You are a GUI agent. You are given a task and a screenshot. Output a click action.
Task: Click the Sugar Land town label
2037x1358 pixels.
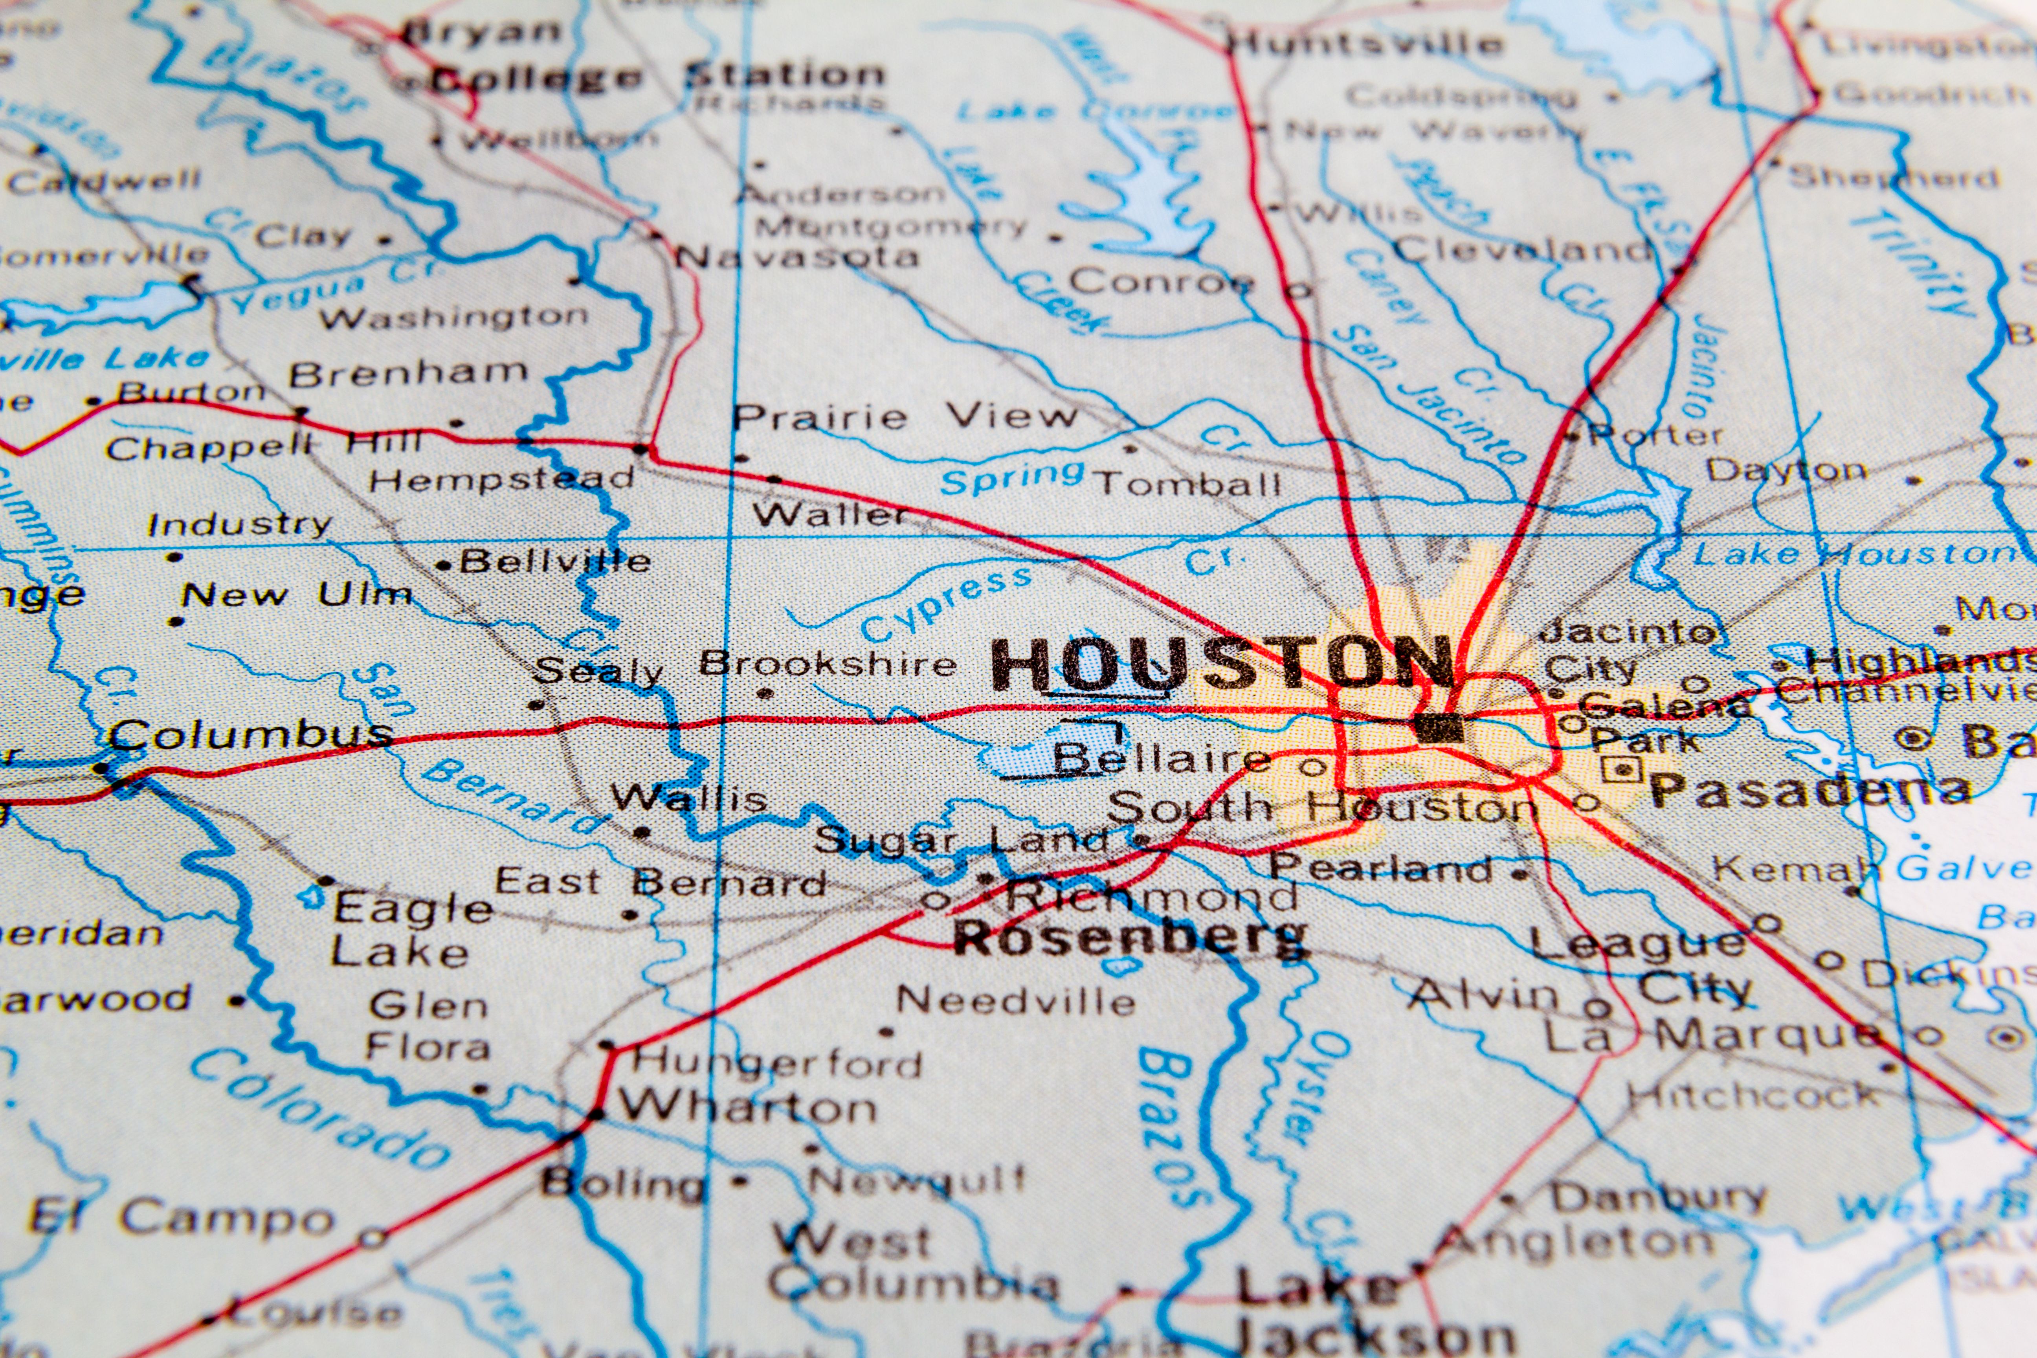[962, 840]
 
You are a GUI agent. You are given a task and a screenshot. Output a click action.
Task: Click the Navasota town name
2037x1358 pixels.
[797, 256]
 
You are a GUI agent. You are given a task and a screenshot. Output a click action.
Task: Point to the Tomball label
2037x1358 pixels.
[1187, 483]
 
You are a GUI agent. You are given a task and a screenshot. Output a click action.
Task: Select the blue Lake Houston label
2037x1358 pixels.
[1853, 554]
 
